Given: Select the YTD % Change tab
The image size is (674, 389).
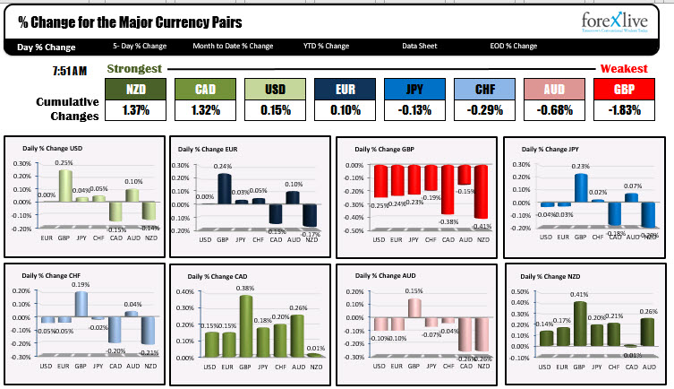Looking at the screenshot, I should click(x=326, y=46).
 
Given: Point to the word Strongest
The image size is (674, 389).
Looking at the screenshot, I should click(x=134, y=69).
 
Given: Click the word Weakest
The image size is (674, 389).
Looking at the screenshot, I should click(x=624, y=69).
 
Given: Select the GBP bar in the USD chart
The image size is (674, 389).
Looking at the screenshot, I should click(x=64, y=186).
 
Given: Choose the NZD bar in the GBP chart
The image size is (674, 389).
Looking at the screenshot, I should click(x=482, y=192).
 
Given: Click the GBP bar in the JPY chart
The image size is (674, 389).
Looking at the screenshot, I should click(x=580, y=187).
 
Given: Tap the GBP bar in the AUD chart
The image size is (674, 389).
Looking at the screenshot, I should click(x=414, y=307).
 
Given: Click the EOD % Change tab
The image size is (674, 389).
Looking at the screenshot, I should click(x=513, y=46).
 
